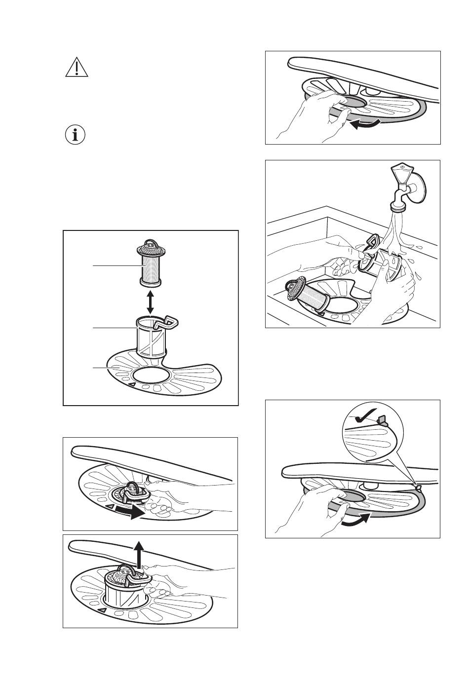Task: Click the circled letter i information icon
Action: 75,135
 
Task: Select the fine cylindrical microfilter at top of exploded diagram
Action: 150,264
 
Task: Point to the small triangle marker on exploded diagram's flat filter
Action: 132,383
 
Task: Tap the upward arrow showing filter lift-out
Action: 140,553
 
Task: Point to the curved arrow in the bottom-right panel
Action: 355,520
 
